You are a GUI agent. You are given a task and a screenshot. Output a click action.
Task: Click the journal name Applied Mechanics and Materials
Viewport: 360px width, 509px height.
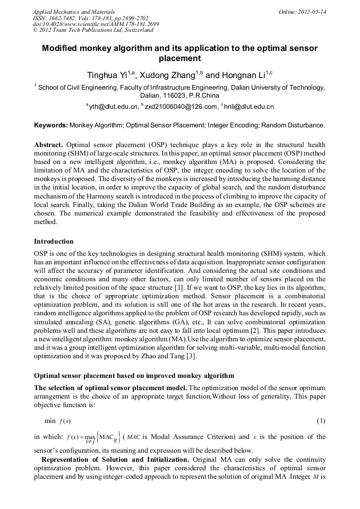[x=74, y=11]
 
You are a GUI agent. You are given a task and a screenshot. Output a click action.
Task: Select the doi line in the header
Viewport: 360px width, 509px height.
[x=96, y=24]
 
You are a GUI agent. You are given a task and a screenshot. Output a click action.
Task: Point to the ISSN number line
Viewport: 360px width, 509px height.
[x=91, y=18]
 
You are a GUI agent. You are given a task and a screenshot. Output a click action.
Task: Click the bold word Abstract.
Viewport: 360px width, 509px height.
[x=48, y=144]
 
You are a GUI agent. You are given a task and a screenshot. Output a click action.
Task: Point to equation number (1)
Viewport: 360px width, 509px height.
[x=321, y=421]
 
